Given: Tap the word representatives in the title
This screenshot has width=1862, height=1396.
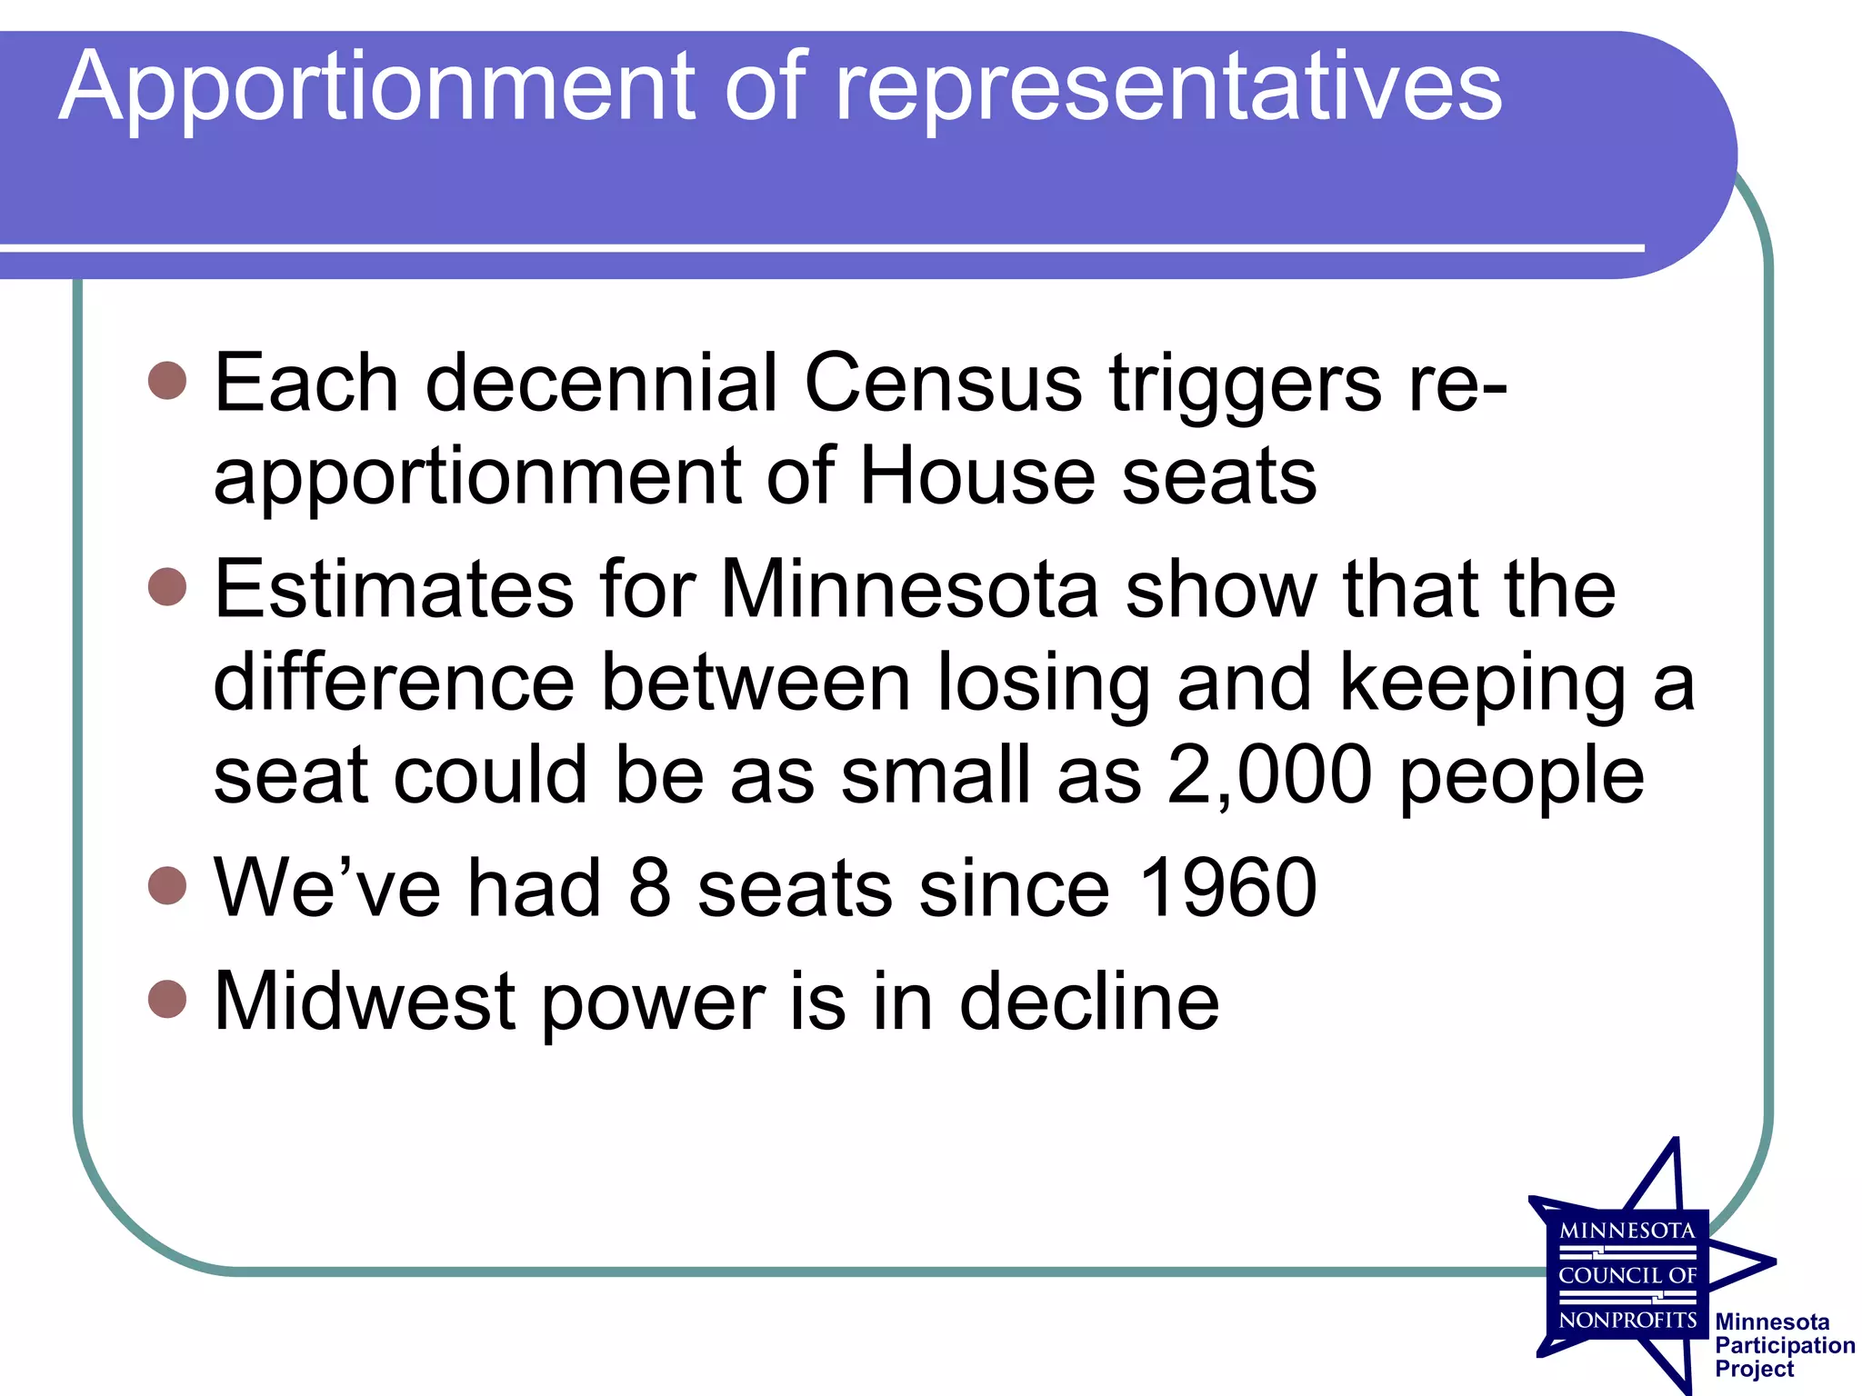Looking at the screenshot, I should click(1168, 88).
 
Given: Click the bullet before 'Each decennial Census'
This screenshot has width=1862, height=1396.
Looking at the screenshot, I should click(167, 380).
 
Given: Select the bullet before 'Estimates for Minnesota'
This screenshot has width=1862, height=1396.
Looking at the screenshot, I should click(167, 586).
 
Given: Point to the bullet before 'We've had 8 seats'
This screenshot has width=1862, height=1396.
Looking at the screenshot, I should click(167, 885).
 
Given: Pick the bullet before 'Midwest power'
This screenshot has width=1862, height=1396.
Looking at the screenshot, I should click(167, 999).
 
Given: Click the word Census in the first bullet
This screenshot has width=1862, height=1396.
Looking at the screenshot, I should click(944, 384).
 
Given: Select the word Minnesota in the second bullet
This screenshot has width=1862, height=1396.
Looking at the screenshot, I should click(910, 590).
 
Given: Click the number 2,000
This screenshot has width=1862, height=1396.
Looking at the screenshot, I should click(1269, 775).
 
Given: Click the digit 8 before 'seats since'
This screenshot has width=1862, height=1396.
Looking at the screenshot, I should click(649, 888).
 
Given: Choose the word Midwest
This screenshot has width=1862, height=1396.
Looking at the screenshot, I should click(365, 1002).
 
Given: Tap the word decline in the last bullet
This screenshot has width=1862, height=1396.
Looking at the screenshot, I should click(1089, 1002).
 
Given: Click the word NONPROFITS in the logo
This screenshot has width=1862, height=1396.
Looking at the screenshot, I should click(1627, 1320).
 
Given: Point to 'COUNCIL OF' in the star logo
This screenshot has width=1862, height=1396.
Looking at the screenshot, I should click(1627, 1275).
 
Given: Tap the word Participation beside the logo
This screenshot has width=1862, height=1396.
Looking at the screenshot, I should click(1785, 1345).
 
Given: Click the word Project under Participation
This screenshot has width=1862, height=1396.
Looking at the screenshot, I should click(1754, 1369).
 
